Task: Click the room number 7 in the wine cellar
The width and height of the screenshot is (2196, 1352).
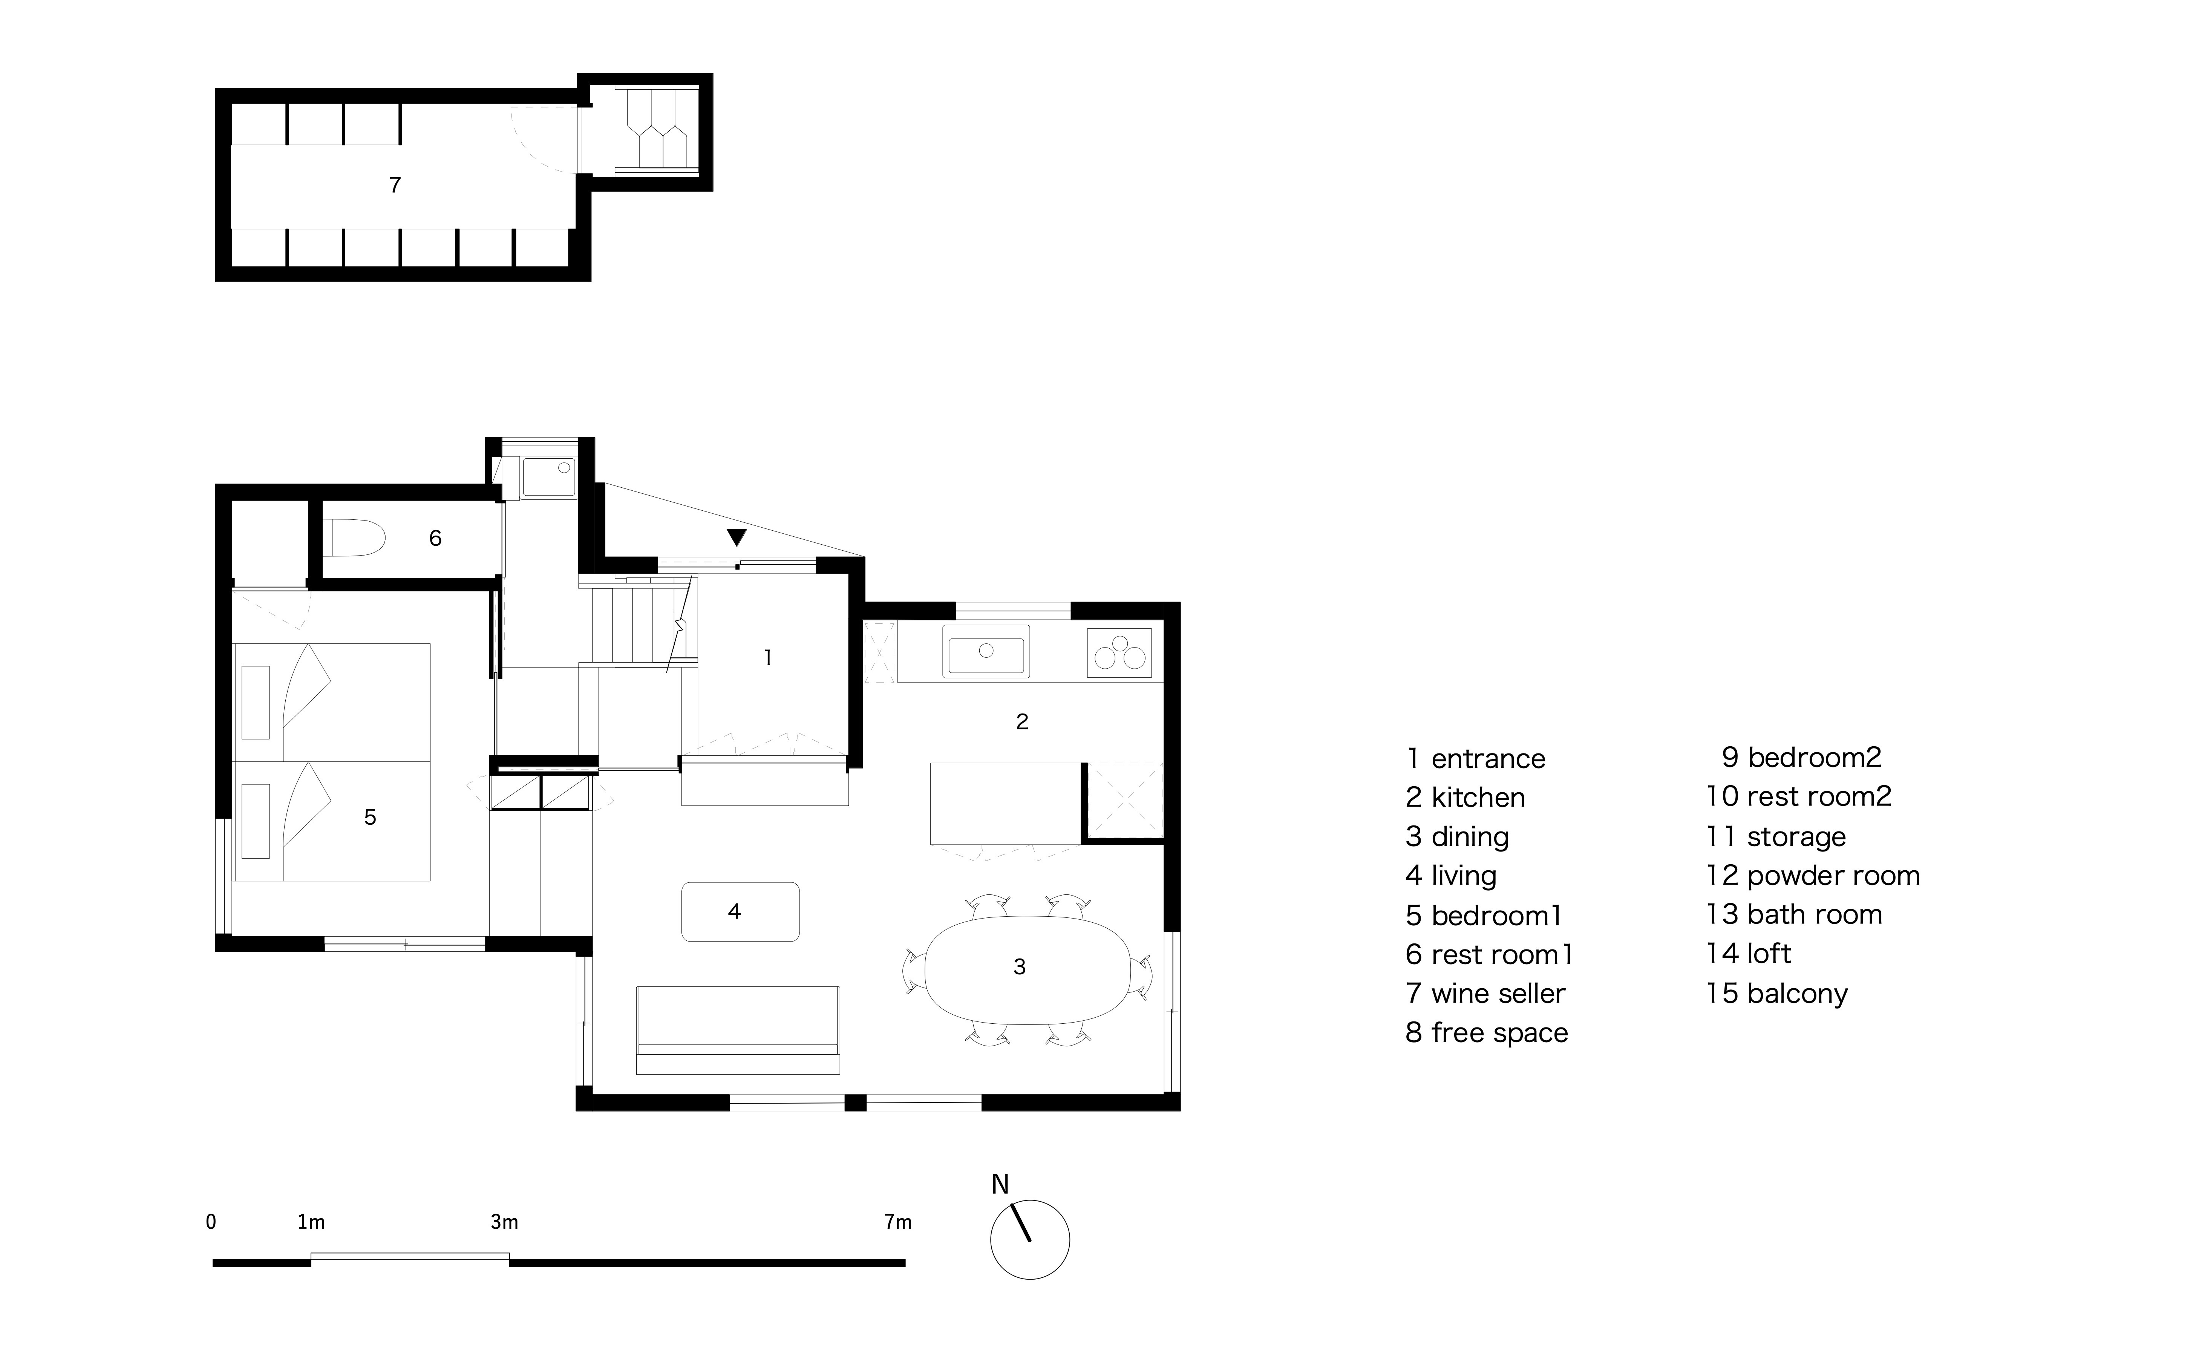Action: pos(394,185)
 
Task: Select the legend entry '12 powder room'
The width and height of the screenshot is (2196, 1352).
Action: pos(1812,876)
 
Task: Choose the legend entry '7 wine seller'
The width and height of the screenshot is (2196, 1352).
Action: pos(1485,994)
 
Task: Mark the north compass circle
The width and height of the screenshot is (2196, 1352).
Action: pos(1030,1239)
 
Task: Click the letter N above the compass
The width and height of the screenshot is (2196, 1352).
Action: pos(1000,1185)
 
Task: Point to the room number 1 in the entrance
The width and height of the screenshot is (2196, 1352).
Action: pos(767,658)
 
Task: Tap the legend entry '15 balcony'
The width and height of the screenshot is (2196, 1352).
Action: pos(1776,994)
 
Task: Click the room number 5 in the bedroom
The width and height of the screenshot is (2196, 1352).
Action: pos(370,817)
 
